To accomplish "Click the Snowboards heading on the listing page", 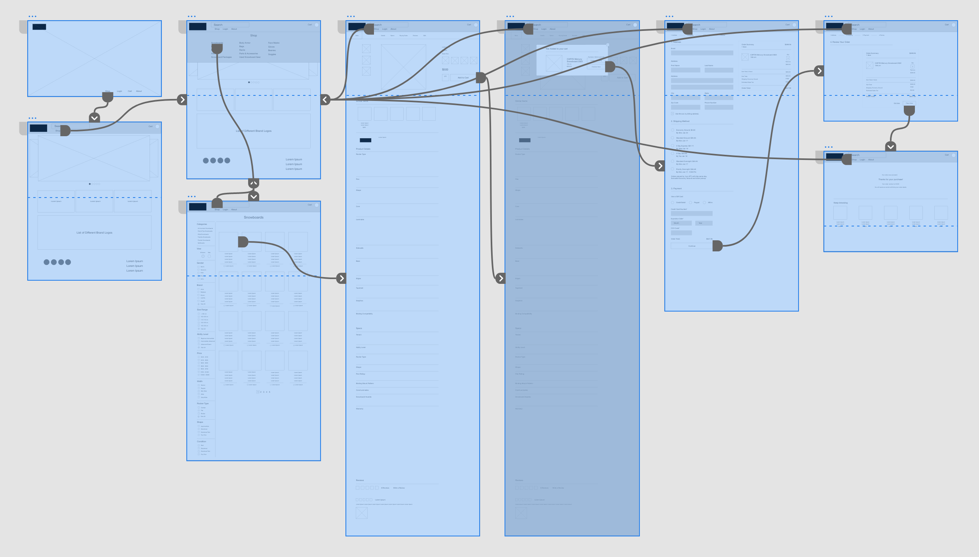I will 254,217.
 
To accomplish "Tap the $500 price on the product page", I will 445,70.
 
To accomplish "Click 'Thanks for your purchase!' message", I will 890,179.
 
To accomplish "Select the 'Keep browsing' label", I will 840,203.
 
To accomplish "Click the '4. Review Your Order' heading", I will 840,42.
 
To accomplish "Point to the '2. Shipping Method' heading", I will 680,121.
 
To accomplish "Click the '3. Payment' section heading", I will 676,188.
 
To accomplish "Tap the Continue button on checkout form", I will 692,246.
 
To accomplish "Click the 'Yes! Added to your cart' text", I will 556,49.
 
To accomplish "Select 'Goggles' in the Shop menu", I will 272,54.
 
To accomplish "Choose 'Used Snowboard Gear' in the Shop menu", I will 250,57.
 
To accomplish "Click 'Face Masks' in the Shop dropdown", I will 273,43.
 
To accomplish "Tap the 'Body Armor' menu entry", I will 245,43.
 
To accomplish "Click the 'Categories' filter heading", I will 202,224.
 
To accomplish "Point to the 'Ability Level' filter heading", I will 203,334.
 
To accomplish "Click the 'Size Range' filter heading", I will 202,310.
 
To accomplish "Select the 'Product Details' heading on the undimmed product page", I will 363,149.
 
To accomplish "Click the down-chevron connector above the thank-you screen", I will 891,147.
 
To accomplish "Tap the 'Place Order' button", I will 909,103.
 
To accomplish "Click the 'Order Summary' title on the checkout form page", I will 748,44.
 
